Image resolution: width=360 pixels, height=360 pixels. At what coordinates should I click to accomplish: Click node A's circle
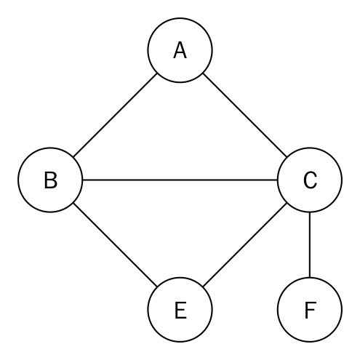[180, 18]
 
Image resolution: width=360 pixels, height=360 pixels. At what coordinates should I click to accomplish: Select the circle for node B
[18, 180]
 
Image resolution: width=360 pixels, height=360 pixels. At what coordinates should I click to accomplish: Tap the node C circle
[342, 180]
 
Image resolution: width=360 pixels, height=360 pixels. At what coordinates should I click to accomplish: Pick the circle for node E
[180, 342]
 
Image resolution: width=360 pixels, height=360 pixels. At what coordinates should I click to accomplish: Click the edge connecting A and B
[115, 115]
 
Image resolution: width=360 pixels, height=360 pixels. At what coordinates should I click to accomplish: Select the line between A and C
[245, 115]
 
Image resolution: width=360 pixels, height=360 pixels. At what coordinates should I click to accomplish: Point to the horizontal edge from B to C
[180, 180]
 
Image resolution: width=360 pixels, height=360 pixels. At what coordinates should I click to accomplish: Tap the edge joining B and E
[115, 245]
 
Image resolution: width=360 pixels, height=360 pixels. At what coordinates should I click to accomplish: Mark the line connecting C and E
[245, 245]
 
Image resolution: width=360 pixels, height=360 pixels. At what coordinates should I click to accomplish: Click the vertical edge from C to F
[310, 245]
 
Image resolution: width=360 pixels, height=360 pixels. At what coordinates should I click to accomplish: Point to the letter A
[180, 50]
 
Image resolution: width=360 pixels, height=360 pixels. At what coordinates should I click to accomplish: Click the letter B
[51, 180]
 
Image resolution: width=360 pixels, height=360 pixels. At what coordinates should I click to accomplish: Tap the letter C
[310, 180]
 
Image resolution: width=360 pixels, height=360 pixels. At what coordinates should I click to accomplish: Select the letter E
[180, 310]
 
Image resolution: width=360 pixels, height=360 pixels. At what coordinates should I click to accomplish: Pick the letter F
[310, 310]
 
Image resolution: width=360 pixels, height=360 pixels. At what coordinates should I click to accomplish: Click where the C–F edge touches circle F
[310, 277]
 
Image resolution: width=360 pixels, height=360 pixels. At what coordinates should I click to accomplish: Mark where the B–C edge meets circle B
[83, 180]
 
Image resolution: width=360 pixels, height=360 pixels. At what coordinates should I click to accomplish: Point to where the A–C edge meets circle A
[203, 73]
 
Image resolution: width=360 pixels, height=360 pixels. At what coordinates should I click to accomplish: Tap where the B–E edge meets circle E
[157, 287]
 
